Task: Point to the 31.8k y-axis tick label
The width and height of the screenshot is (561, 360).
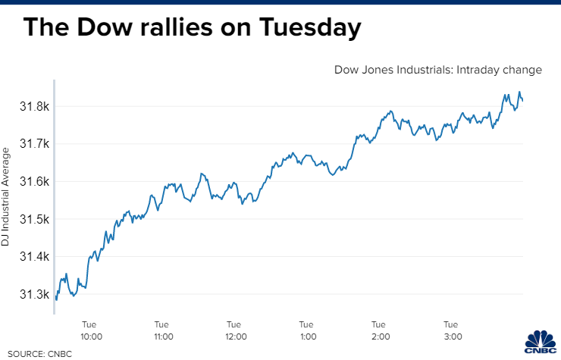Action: click(x=34, y=106)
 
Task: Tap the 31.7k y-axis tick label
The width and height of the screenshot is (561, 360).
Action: click(x=34, y=144)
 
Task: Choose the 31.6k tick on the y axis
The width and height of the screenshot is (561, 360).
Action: click(x=34, y=182)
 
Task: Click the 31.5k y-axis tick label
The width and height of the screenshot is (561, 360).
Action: click(x=34, y=220)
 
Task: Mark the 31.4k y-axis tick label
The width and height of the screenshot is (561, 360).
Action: click(x=34, y=257)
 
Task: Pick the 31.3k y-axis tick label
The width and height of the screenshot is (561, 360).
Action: click(x=34, y=295)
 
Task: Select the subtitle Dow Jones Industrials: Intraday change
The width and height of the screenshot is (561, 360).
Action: click(x=438, y=70)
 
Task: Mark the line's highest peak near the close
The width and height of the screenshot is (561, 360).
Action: click(x=519, y=92)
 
